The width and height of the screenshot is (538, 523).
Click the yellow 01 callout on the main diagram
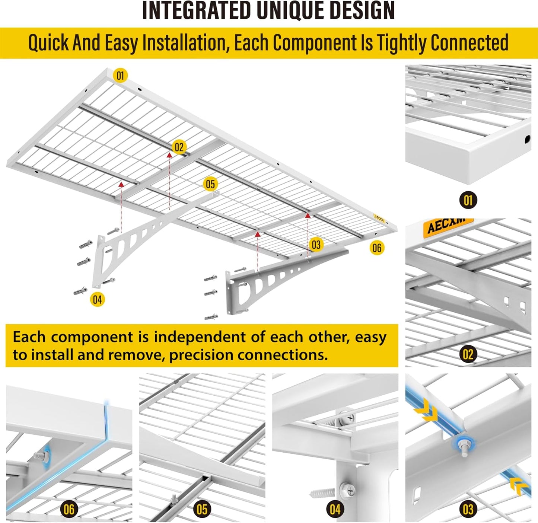click(x=120, y=76)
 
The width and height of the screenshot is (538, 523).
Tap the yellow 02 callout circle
click(x=179, y=147)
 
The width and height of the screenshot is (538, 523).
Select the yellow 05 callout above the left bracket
click(x=210, y=184)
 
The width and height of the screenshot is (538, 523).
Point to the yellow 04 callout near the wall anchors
click(x=97, y=299)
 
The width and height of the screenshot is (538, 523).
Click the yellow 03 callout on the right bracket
click(x=316, y=245)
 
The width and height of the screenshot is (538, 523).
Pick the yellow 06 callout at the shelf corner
click(x=377, y=248)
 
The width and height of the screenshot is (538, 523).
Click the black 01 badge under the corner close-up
click(x=468, y=201)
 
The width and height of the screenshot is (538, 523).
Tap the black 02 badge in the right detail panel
click(x=468, y=354)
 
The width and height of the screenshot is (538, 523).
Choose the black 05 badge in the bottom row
click(x=202, y=509)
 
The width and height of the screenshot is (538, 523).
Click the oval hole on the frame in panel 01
click(x=527, y=140)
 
